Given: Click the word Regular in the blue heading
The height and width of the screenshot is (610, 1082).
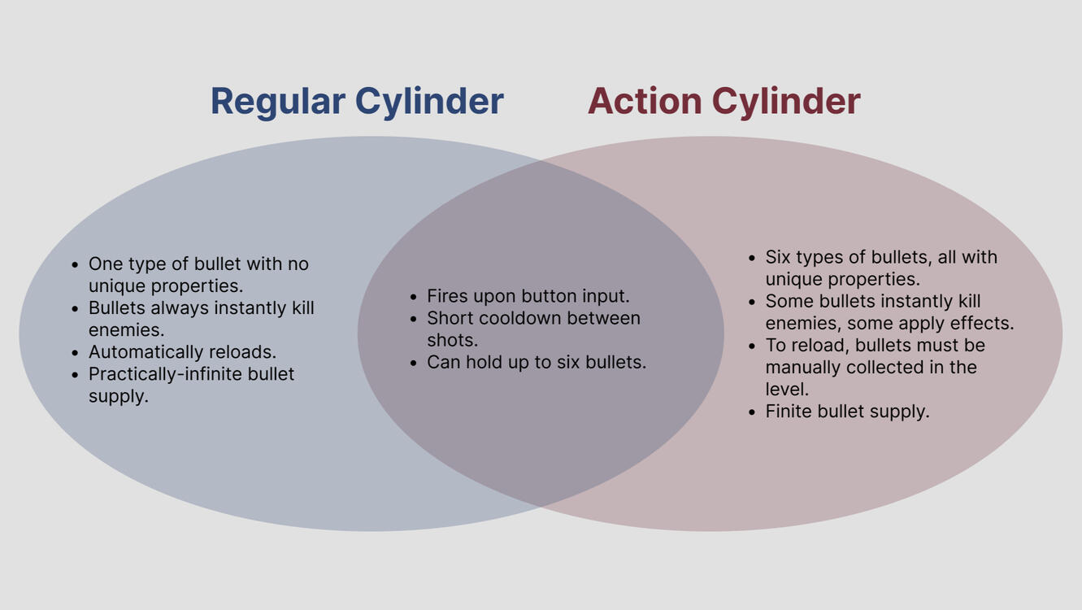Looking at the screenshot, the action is pos(278,102).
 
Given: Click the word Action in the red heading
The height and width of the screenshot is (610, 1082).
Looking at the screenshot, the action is pos(645,101).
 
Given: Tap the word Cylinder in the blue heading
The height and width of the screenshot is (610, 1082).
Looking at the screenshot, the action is pos(429,102).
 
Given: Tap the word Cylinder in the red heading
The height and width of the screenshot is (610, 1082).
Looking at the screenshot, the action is pos(786,102).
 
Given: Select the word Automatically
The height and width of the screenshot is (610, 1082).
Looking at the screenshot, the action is pos(145,352).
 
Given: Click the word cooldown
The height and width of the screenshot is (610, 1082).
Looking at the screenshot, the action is pos(519,318).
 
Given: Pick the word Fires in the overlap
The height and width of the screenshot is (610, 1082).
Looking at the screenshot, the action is pos(447,296).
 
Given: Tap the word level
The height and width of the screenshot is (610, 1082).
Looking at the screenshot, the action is pos(787,389).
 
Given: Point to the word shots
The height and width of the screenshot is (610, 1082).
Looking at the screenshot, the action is pos(452,340).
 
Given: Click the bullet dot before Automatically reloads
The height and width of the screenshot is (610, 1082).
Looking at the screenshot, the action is pos(75,353).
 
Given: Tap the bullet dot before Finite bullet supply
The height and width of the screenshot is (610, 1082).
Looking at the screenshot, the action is pos(751,412).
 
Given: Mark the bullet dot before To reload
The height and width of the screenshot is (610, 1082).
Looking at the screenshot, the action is pos(751,346).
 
